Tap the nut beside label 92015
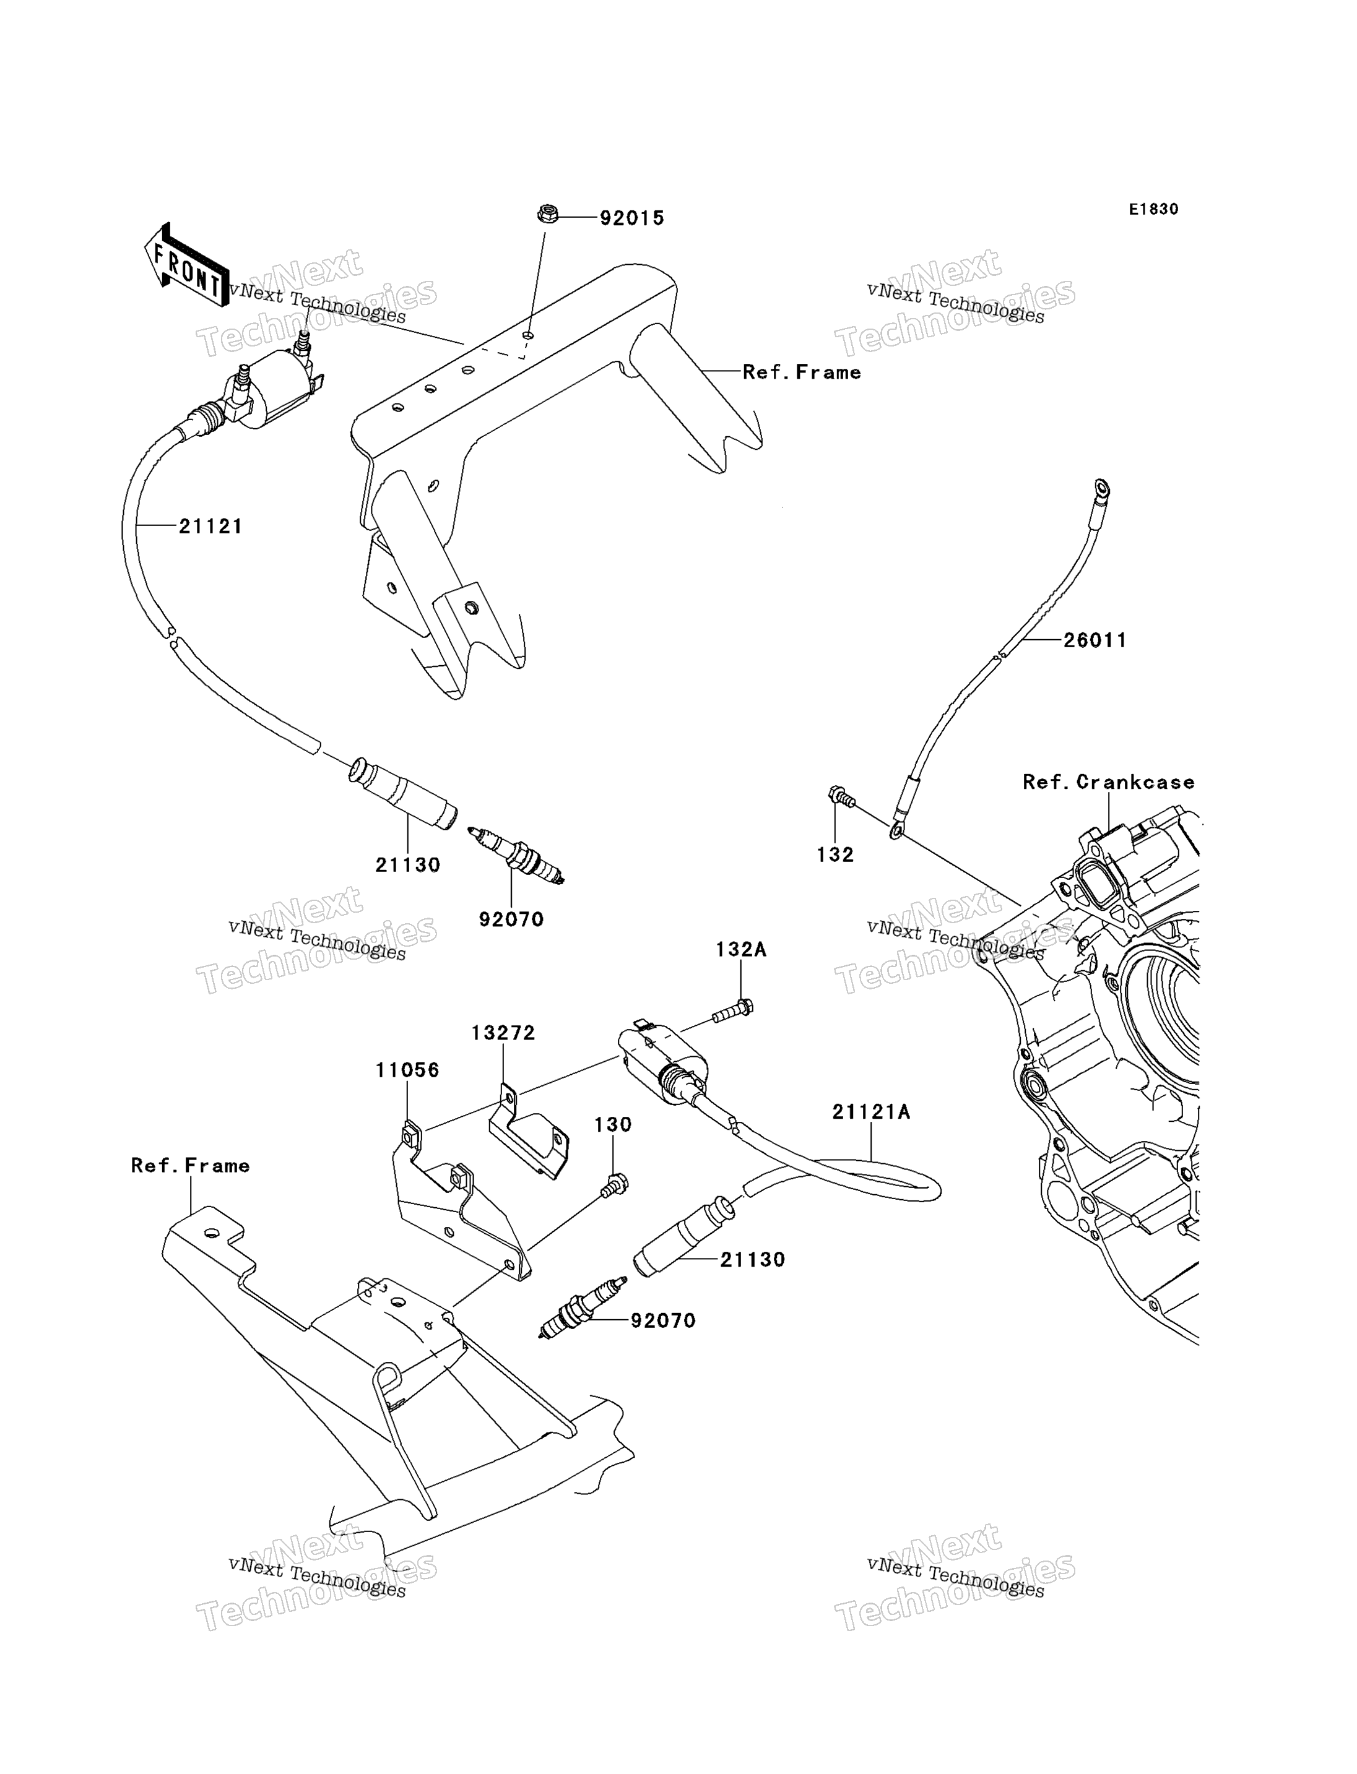click(x=548, y=215)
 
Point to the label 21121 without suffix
click(x=211, y=527)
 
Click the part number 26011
click(x=1095, y=640)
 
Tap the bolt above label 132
click(x=841, y=797)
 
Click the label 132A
click(x=740, y=950)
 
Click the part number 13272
click(x=503, y=1033)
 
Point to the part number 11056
click(x=407, y=1070)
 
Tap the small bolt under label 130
click(x=615, y=1184)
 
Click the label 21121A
click(x=871, y=1113)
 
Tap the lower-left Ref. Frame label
click(x=190, y=1166)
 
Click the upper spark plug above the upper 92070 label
click(x=515, y=855)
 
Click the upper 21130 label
click(x=408, y=866)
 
